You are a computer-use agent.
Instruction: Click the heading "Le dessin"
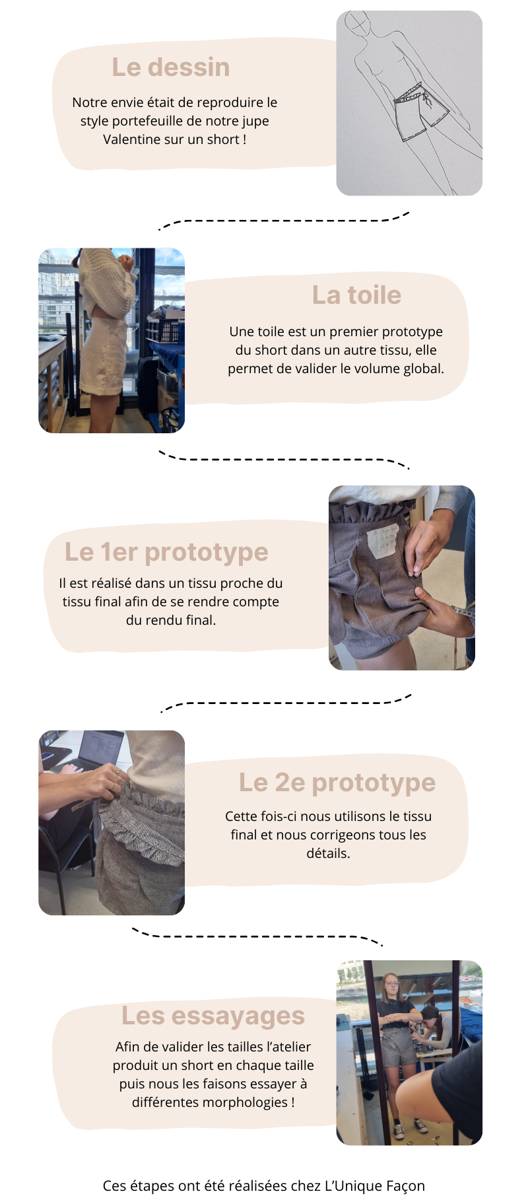point(171,67)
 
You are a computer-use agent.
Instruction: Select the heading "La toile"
point(356,295)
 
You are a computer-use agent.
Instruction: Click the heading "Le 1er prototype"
point(166,552)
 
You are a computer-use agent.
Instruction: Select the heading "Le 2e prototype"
point(337,783)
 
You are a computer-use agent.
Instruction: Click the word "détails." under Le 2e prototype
point(328,853)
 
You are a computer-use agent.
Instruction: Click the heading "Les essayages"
point(213,1016)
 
